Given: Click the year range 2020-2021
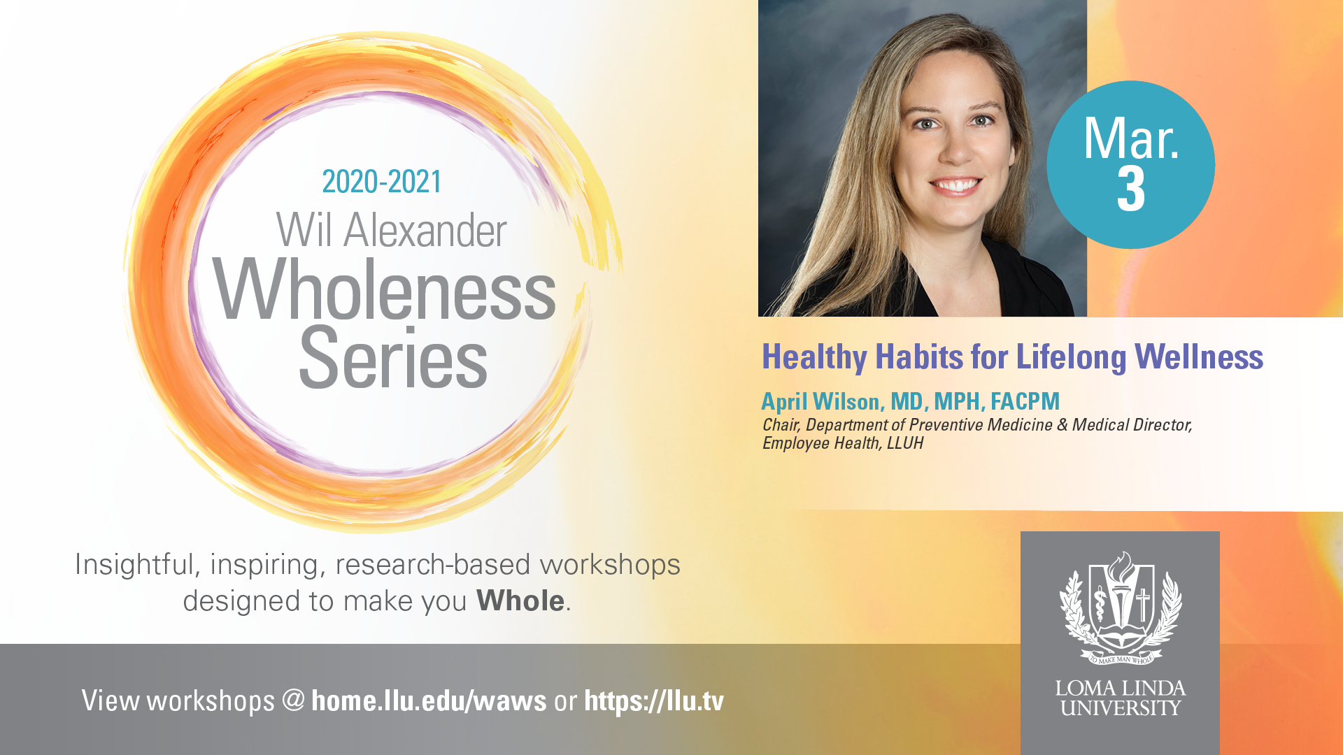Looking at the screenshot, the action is (x=382, y=182).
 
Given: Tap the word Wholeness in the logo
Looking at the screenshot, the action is (x=384, y=289).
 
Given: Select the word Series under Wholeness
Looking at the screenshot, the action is (x=393, y=358).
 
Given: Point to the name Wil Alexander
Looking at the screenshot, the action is (x=391, y=230).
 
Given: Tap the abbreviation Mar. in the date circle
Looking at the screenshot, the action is (x=1131, y=138).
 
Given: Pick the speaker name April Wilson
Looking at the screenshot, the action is (x=820, y=401).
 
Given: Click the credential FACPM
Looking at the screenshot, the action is (x=1025, y=401).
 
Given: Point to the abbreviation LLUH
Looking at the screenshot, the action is (x=905, y=443).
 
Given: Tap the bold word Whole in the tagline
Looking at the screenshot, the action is (x=520, y=601).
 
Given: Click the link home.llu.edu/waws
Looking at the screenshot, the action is (x=429, y=700).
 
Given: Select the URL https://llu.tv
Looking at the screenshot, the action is (x=654, y=701).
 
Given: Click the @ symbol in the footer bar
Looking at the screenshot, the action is (x=294, y=700).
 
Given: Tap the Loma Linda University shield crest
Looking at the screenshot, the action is (x=1121, y=607).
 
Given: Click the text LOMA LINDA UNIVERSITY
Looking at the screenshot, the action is (x=1121, y=698).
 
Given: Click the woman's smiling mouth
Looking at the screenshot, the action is (x=955, y=185).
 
